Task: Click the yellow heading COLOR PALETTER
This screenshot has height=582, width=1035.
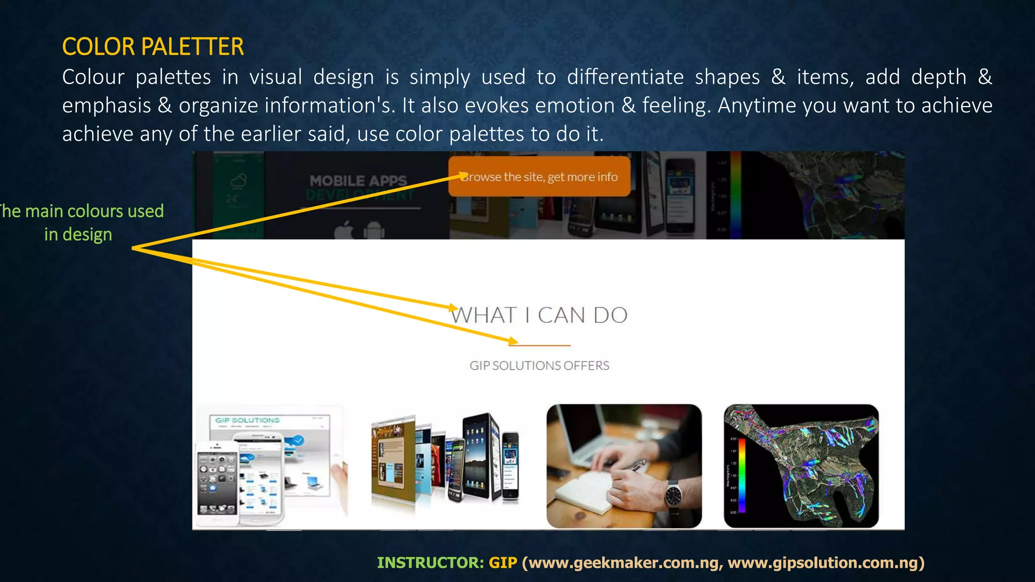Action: pos(153,47)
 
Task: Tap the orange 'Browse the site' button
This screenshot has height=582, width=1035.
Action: pos(539,176)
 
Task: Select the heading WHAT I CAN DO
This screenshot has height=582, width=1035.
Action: pos(539,315)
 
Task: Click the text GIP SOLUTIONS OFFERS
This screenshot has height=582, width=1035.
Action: pos(539,365)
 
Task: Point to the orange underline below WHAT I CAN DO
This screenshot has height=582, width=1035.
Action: pos(540,346)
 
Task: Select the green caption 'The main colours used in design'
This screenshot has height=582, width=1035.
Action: pos(81,222)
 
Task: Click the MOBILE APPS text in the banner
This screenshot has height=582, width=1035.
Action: pos(358,180)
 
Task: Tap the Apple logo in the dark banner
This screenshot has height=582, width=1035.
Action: pos(345,230)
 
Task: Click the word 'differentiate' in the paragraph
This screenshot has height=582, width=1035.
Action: pos(625,77)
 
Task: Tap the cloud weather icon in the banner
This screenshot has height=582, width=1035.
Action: pos(238,180)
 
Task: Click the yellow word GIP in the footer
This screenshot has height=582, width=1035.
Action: pos(503,563)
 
